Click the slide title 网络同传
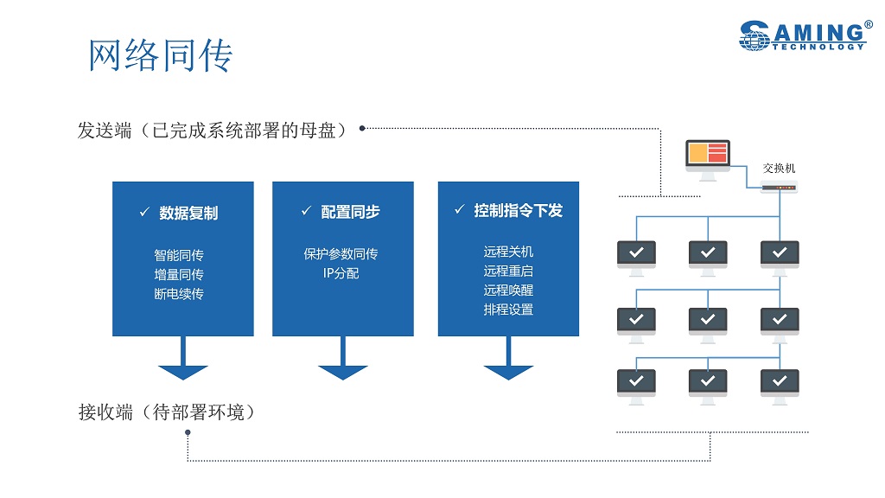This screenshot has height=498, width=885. pyautogui.click(x=161, y=56)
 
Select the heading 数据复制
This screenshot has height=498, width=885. pyautogui.click(x=188, y=213)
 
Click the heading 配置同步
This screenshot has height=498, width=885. pyautogui.click(x=350, y=212)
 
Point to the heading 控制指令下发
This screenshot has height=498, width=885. pyautogui.click(x=518, y=210)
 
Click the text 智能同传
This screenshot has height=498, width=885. pyautogui.click(x=179, y=255)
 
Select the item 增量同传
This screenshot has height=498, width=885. pyautogui.click(x=179, y=274)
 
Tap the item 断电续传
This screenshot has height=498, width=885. pyautogui.click(x=179, y=293)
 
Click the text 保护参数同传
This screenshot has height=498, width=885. pyautogui.click(x=341, y=254)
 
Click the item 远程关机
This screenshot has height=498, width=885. pyautogui.click(x=508, y=252)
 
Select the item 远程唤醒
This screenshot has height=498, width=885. pyautogui.click(x=508, y=290)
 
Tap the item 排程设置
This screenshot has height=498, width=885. pyautogui.click(x=508, y=309)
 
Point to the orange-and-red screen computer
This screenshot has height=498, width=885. pyautogui.click(x=708, y=158)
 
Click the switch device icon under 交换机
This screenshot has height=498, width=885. pyautogui.click(x=779, y=187)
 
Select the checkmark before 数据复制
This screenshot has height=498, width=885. pyautogui.click(x=144, y=212)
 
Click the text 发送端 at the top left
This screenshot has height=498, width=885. pyautogui.click(x=105, y=131)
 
